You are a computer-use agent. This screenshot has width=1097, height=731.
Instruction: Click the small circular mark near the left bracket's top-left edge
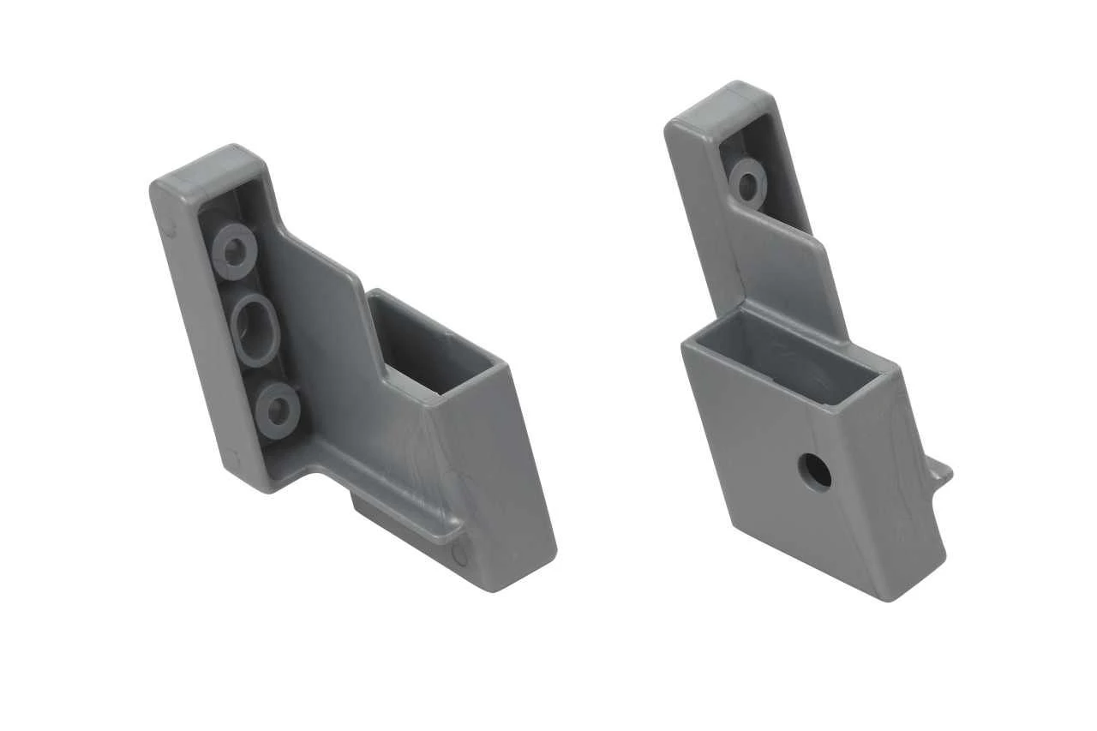[170, 229]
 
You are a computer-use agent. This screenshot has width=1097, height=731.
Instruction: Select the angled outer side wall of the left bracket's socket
[514, 480]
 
